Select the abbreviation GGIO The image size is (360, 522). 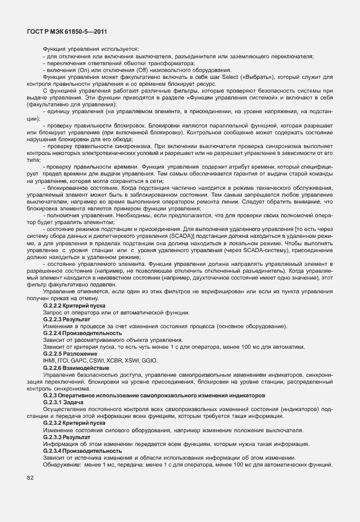click(x=149, y=360)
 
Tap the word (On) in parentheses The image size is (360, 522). click(x=79, y=70)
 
